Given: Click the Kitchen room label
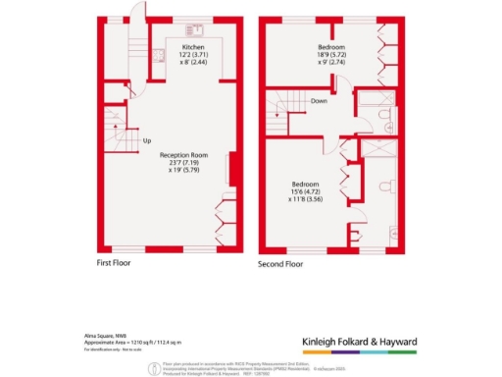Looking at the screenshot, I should click(192, 46).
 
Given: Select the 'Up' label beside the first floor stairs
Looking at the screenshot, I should click(147, 140).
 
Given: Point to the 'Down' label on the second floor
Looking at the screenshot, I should click(320, 101).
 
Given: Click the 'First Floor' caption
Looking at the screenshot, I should click(116, 263).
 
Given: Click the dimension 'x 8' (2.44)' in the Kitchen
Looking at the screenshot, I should click(192, 62).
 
